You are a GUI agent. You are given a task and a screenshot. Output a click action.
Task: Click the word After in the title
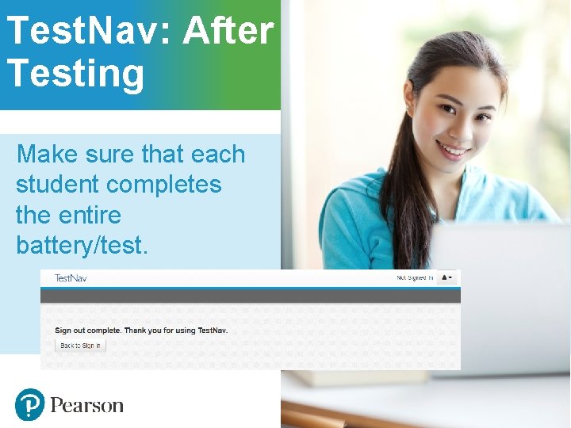[228, 32]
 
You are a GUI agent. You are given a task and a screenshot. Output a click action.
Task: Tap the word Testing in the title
[76, 73]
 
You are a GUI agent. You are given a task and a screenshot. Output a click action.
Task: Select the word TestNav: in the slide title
[89, 32]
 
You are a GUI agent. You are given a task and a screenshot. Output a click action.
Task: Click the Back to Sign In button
[80, 346]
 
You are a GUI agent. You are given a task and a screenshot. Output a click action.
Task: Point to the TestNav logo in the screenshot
[71, 278]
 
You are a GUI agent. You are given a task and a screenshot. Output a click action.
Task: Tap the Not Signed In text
[414, 278]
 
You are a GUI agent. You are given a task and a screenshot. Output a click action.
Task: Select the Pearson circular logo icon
[29, 404]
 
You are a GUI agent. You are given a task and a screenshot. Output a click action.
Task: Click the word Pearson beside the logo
[87, 406]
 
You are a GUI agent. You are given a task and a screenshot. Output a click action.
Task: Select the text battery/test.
[82, 245]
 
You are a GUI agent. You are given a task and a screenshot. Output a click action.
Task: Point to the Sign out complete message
[141, 330]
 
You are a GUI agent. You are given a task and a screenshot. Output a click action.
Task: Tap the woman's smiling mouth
[454, 148]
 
